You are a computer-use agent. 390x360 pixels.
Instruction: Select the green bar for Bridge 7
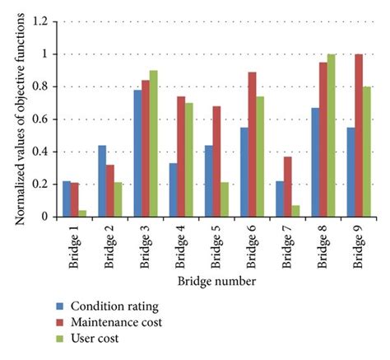(295, 211)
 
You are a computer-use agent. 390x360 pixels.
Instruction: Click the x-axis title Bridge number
(216, 283)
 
